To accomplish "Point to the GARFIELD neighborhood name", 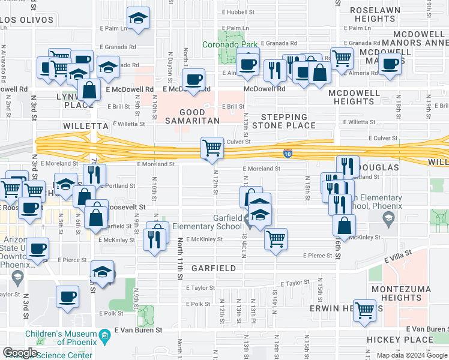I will [214, 268].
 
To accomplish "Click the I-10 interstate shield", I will [288, 154].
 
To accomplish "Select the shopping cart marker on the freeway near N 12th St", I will [211, 148].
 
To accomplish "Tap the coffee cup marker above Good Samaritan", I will [193, 80].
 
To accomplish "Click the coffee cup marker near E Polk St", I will [67, 296].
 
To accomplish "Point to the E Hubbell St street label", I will [235, 11].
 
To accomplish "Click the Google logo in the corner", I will [20, 353].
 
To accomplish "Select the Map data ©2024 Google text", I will [411, 355].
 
